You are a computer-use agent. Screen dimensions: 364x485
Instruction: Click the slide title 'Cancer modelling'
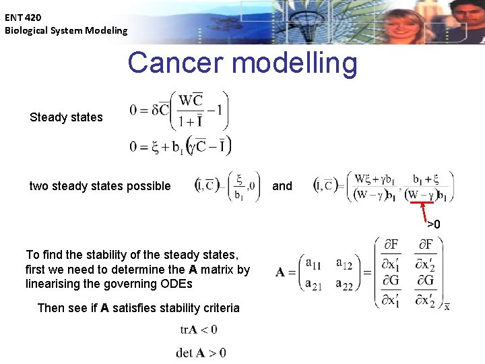tap(243, 63)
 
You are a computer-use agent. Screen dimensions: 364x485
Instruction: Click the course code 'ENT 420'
tap(23, 17)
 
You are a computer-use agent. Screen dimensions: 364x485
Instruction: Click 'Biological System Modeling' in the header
tap(66, 30)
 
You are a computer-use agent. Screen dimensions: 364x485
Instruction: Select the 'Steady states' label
tap(66, 117)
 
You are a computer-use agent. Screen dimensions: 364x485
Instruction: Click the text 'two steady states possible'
tap(100, 186)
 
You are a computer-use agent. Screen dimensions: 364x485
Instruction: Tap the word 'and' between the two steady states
tap(282, 186)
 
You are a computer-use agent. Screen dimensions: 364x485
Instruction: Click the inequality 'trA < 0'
tap(198, 330)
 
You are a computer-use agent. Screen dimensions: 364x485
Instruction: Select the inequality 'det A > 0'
tap(201, 353)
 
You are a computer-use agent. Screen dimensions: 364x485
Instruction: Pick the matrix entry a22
tap(344, 285)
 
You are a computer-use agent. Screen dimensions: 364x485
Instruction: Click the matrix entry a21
tap(313, 285)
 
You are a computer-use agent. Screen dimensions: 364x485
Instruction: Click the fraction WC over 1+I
tap(191, 111)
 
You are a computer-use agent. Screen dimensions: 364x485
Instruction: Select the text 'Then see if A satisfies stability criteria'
tap(138, 308)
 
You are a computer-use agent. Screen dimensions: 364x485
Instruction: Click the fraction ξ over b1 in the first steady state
tap(238, 187)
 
